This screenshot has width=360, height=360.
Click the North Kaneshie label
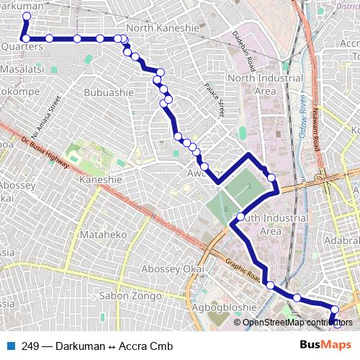(162, 27)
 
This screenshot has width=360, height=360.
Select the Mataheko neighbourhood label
(104, 235)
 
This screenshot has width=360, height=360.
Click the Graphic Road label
(242, 270)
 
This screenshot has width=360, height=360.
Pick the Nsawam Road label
(317, 125)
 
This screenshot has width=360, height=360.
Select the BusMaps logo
(325, 345)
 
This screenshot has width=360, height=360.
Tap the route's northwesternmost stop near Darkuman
(27, 16)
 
